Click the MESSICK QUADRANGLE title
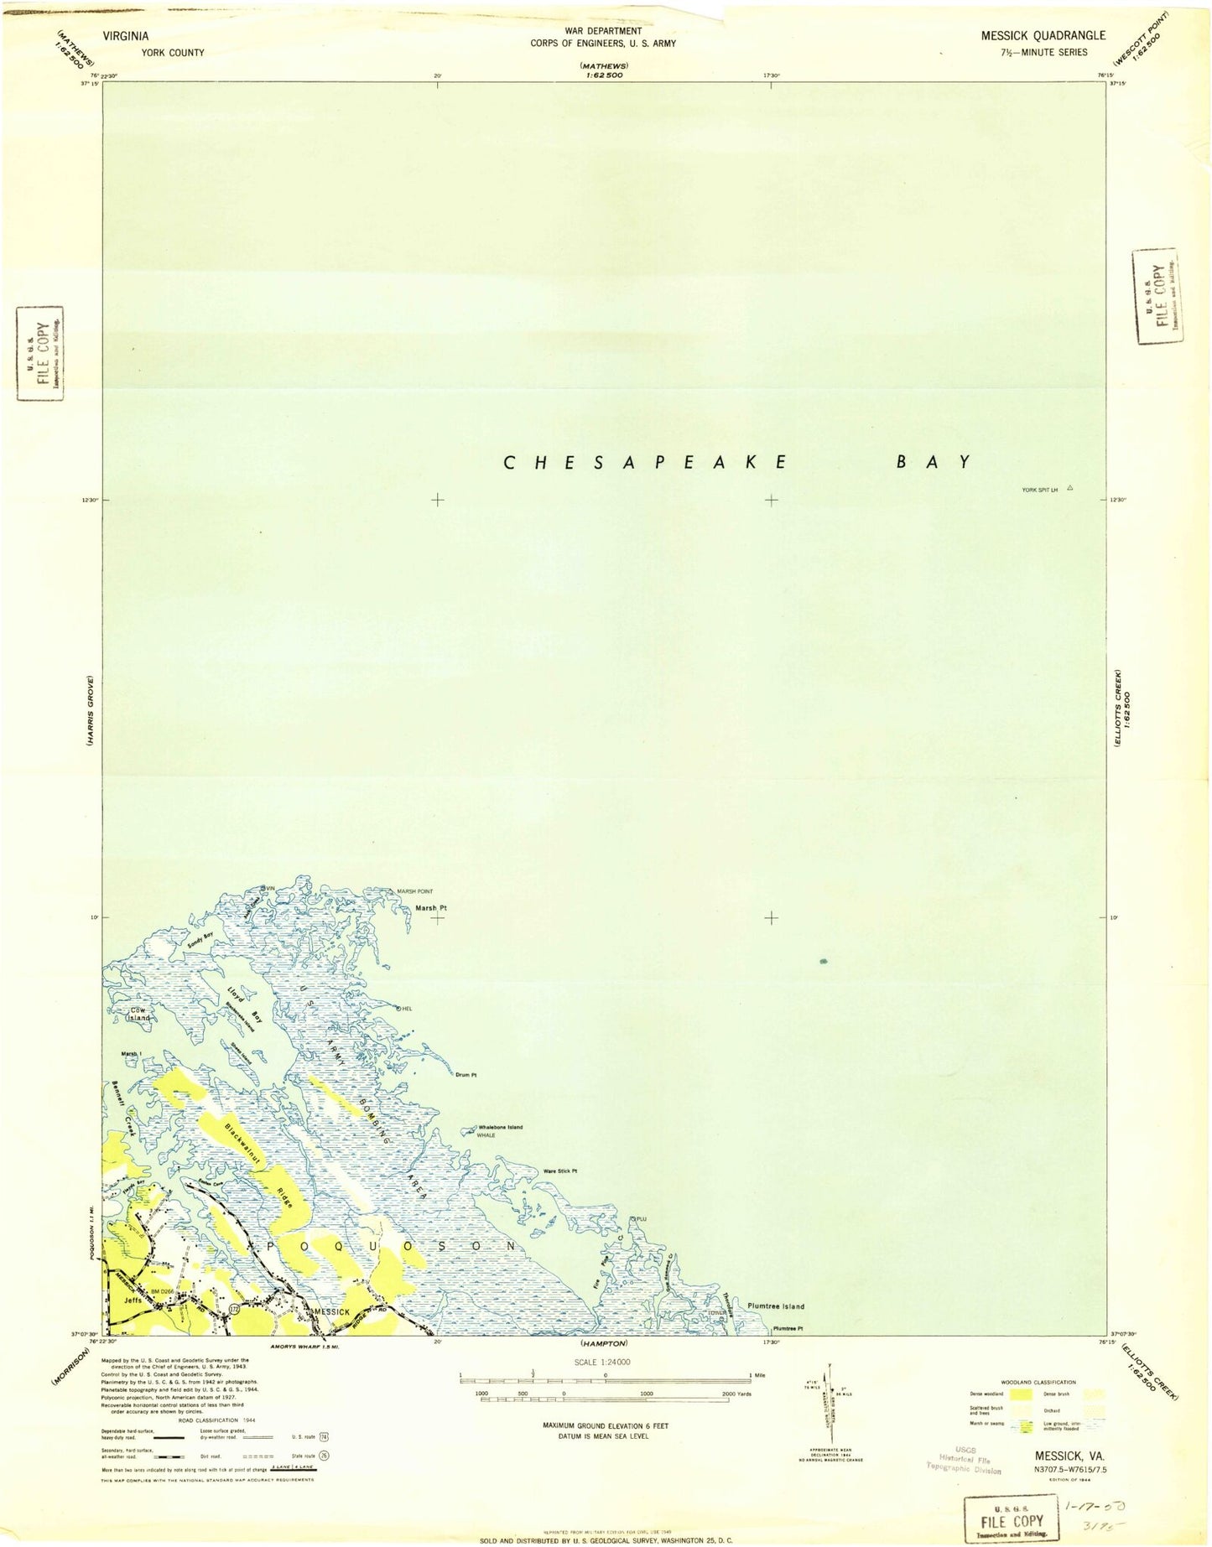coord(1043,35)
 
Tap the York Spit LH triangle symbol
coord(1069,487)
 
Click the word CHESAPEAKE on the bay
coord(644,462)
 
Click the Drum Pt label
coord(466,1075)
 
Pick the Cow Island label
coord(138,1014)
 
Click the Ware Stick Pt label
coord(561,1171)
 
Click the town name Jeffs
coord(133,1300)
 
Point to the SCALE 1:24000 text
coord(603,1362)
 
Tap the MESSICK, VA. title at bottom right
coord(1069,1457)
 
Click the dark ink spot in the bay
coord(824,961)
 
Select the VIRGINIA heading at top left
coord(126,36)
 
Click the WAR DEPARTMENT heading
coord(603,31)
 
